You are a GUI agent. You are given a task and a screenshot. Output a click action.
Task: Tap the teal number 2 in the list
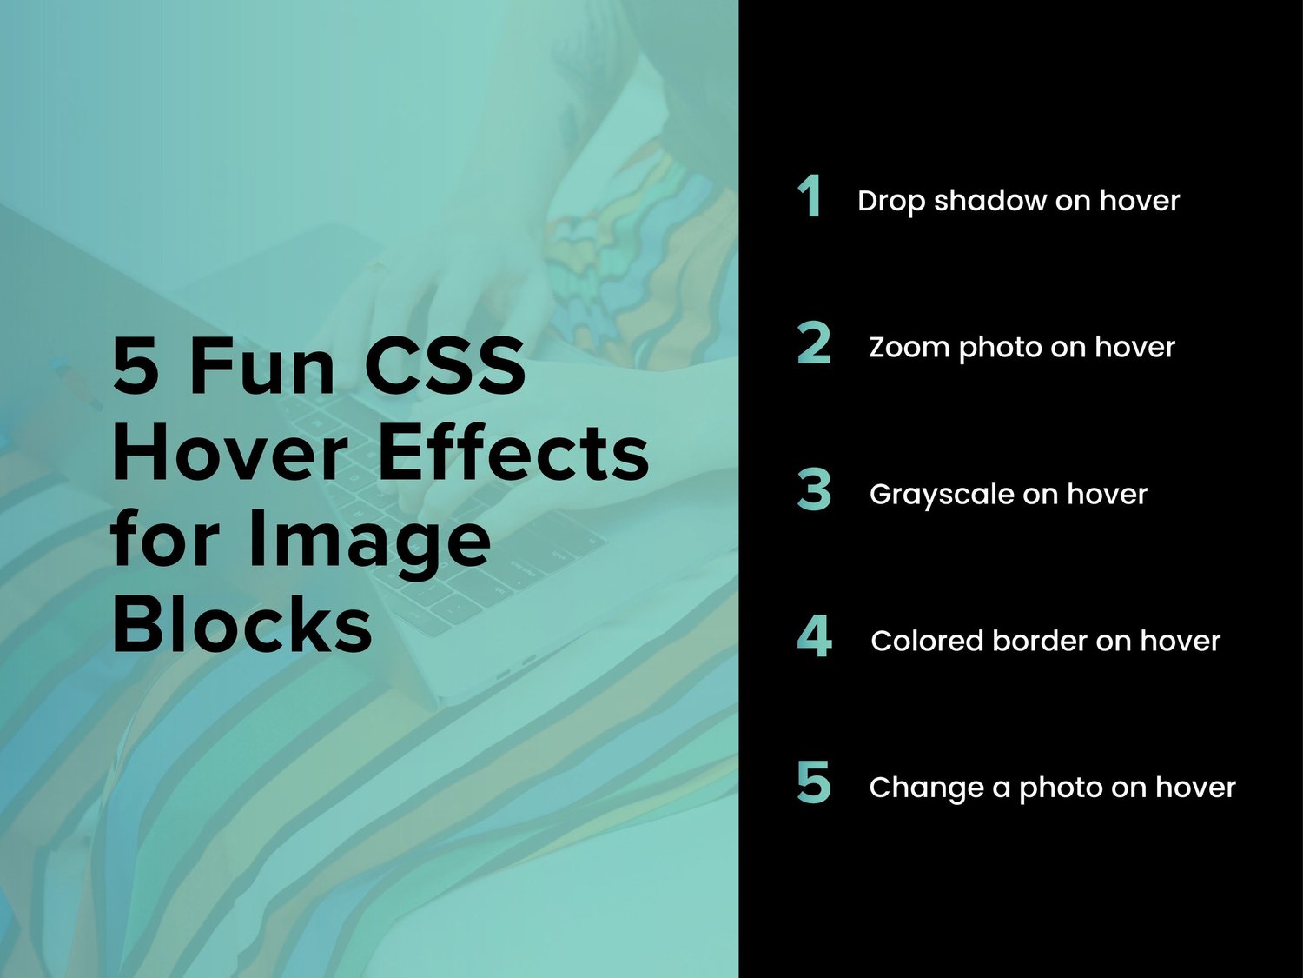(814, 343)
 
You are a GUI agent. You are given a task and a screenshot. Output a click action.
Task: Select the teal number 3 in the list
(814, 489)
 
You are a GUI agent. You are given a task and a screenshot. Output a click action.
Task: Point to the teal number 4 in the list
(814, 636)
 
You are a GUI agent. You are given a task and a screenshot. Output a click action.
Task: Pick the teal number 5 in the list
(814, 782)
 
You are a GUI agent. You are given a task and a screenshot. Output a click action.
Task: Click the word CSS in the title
(444, 366)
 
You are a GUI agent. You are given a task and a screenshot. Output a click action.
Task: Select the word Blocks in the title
(242, 625)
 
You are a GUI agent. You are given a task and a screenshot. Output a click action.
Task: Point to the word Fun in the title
(261, 366)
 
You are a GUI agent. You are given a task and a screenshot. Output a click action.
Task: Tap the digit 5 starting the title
(136, 366)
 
